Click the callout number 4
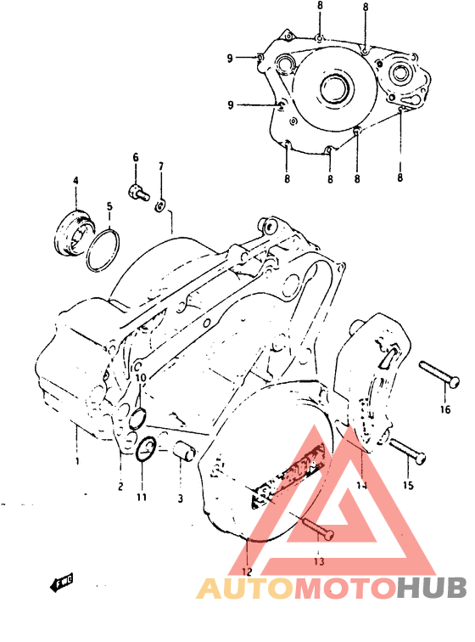point(75,181)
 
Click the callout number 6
point(134,158)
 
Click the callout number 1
point(76,461)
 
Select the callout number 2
point(120,487)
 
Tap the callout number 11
point(142,497)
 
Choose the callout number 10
point(141,377)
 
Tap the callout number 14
point(362,486)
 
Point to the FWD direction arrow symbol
point(61,583)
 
